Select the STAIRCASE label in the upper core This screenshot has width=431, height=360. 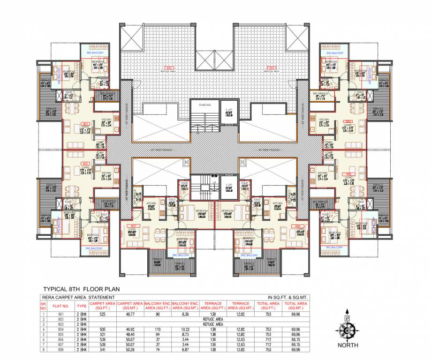tap(204, 105)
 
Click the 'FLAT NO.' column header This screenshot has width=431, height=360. tap(63, 306)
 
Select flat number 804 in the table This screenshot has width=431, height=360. tap(63, 330)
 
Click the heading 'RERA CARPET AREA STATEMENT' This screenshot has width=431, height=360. tap(78, 298)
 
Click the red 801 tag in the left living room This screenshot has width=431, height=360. tap(85, 124)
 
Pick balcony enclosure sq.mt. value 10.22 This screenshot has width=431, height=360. tap(184, 330)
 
